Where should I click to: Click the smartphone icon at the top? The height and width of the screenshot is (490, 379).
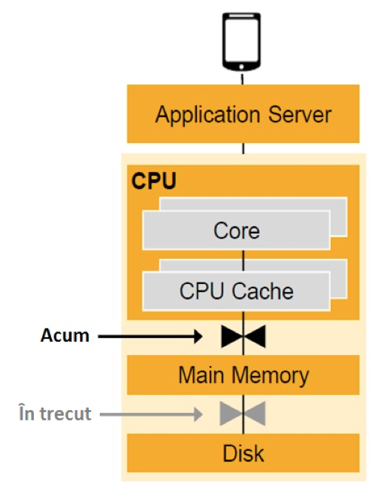241,42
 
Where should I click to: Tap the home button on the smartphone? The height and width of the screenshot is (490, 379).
241,67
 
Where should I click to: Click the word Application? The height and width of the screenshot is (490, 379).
207,116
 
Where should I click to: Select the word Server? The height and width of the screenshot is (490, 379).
300,115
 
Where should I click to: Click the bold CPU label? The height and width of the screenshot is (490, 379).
154,181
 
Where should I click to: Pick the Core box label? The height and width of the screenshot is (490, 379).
236,231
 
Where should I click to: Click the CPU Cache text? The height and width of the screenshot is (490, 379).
236,291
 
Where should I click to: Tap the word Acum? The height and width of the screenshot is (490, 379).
65,336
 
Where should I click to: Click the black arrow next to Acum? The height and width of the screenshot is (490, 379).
150,337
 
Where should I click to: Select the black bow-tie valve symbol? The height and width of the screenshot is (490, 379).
244,337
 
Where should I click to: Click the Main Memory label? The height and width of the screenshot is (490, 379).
244,374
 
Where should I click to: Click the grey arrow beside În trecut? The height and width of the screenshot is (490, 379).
151,414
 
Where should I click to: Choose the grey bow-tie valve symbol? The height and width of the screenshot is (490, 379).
243,414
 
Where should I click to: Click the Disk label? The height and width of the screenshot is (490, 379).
244,453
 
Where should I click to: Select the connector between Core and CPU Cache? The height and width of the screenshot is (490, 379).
244,261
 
